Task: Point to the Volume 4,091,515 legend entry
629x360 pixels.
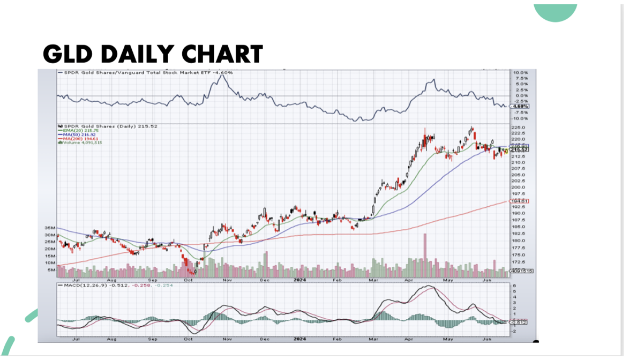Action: [x=80, y=142]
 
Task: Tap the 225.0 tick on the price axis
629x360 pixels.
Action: [x=518, y=127]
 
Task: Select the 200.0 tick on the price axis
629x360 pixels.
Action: [x=518, y=187]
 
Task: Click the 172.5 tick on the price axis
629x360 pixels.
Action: [x=518, y=261]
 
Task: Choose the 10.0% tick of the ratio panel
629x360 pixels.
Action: [x=520, y=72]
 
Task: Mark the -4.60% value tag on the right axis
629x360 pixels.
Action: [x=520, y=106]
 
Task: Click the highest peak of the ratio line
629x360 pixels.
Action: [x=222, y=76]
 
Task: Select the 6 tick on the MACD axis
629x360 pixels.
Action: [x=513, y=286]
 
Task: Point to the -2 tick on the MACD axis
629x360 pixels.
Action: [x=513, y=331]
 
